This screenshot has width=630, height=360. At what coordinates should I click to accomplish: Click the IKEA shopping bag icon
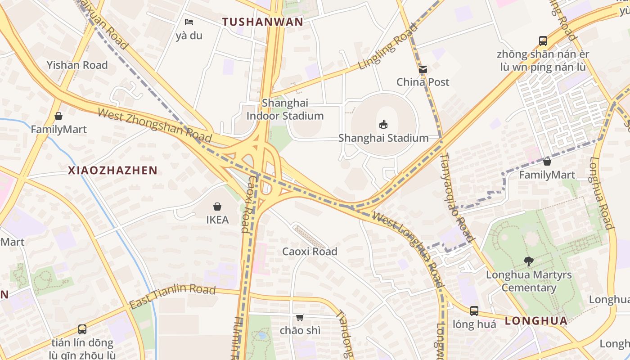[x=217, y=207]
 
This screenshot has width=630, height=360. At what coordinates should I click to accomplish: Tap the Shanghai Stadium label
[x=383, y=138]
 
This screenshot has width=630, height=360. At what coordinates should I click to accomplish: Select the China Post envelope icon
[x=423, y=69]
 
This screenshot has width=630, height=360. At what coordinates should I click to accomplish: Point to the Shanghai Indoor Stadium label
[x=285, y=109]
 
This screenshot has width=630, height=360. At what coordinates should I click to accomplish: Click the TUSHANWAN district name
[x=263, y=22]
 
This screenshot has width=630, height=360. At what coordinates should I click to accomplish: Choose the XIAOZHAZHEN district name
[x=112, y=171]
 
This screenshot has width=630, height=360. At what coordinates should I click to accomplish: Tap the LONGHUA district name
[x=536, y=321]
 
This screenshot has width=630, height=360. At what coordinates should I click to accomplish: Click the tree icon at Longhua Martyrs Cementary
[x=529, y=261]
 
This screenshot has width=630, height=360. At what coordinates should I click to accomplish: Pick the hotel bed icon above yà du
[x=189, y=22]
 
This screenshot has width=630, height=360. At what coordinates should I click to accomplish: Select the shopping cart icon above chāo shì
[x=300, y=317]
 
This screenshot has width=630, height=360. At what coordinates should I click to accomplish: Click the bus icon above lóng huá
[x=474, y=310]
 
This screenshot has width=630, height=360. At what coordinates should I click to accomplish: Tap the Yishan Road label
[x=77, y=65]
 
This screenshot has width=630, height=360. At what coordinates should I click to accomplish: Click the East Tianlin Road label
[x=172, y=297]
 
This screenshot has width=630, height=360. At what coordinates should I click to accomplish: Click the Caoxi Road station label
[x=310, y=252]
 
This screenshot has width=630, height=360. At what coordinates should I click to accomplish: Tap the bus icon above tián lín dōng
[x=82, y=329]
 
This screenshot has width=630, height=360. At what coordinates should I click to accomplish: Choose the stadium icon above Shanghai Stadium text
[x=383, y=124]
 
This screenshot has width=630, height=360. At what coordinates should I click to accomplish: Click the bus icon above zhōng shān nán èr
[x=543, y=41]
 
